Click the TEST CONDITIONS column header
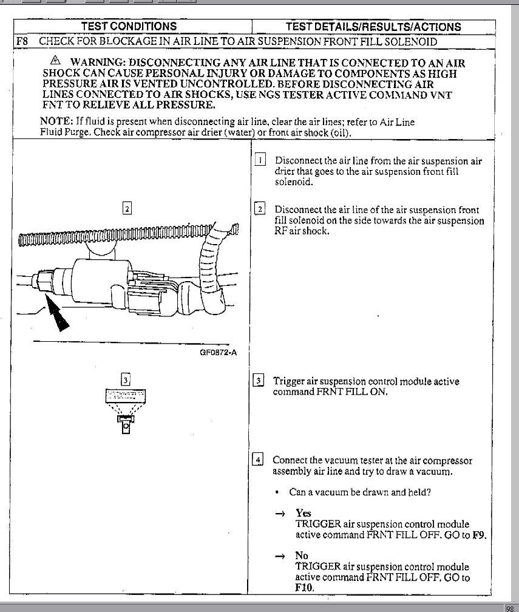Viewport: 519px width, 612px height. pyautogui.click(x=129, y=26)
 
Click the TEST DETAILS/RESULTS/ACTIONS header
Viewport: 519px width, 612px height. pyautogui.click(x=373, y=27)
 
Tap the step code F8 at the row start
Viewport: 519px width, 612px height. pyautogui.click(x=23, y=42)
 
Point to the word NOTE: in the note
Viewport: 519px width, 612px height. pyautogui.click(x=56, y=122)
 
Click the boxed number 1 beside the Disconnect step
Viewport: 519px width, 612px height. pyautogui.click(x=259, y=160)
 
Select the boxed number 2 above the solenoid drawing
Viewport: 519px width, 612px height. pyautogui.click(x=126, y=208)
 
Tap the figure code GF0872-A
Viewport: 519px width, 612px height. pyautogui.click(x=218, y=352)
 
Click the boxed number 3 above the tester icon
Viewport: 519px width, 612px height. pyautogui.click(x=125, y=381)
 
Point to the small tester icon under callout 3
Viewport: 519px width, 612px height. pyautogui.click(x=126, y=410)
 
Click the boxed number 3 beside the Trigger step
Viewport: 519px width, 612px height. pyautogui.click(x=257, y=381)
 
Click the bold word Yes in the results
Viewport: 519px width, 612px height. pyautogui.click(x=303, y=513)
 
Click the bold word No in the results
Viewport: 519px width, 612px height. pyautogui.click(x=302, y=556)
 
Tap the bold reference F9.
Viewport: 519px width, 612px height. pyautogui.click(x=480, y=535)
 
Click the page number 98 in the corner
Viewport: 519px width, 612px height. pyautogui.click(x=510, y=608)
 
